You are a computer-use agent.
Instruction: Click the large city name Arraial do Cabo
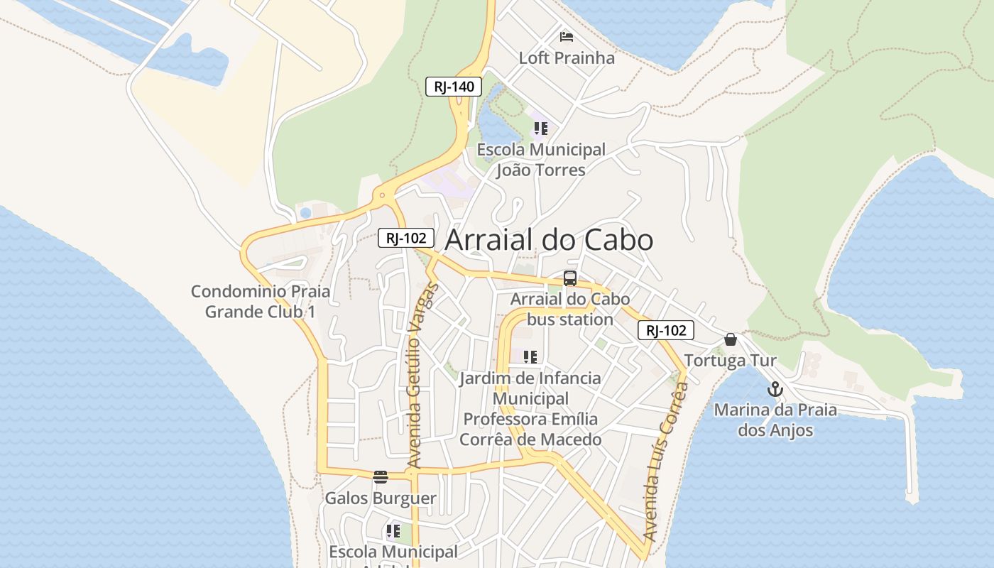548,240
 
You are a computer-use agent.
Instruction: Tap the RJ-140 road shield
454,87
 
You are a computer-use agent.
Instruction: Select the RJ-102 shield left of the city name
405,238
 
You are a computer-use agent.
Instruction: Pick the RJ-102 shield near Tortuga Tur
665,330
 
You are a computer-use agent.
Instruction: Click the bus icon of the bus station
569,278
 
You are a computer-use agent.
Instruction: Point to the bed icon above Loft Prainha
566,36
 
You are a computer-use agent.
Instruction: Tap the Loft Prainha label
567,58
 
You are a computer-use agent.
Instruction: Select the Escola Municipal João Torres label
541,160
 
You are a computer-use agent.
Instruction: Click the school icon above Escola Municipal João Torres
541,129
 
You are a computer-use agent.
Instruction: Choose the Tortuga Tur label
730,361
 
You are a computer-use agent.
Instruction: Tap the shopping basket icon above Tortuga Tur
730,339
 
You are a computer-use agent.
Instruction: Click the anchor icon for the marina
775,389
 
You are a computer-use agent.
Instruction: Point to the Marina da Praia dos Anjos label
775,420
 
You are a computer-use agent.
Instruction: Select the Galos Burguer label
381,498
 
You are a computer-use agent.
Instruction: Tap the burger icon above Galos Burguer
381,476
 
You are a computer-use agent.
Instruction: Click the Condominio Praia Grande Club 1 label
261,301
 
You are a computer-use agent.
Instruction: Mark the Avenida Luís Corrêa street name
665,461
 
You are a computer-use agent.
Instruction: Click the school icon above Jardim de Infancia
530,356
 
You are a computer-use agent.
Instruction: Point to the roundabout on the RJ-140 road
383,194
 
